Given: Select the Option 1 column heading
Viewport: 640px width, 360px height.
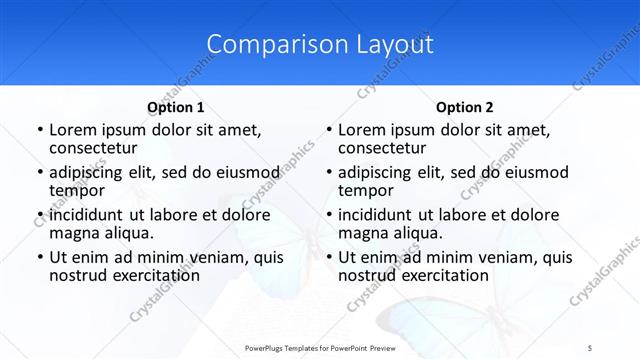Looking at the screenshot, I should click(176, 107).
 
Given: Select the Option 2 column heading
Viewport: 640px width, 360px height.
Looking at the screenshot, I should click(465, 107).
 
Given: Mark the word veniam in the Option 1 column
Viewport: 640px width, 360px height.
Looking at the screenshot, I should click(205, 256).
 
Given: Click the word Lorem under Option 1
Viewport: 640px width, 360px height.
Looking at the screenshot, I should click(72, 130).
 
